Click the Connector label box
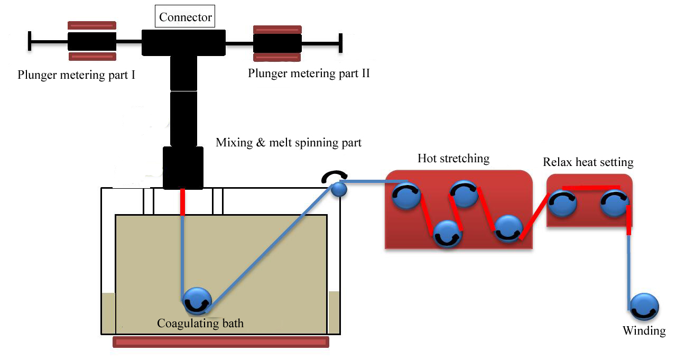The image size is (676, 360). [x=186, y=17]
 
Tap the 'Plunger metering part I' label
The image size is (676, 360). [x=76, y=75]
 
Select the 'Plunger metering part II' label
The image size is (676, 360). [x=309, y=73]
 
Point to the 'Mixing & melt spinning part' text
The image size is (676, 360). [x=289, y=142]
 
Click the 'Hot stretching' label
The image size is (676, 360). [x=453, y=158]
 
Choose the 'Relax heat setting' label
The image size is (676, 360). [x=588, y=162]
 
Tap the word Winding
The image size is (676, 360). [x=644, y=331]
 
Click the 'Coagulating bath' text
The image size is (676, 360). [x=200, y=322]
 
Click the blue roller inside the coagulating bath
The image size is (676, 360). [x=197, y=301]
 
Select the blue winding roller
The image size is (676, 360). [x=644, y=307]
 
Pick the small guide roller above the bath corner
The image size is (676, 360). [x=339, y=189]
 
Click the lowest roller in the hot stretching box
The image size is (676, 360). [x=448, y=234]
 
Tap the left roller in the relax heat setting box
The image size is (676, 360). [x=562, y=203]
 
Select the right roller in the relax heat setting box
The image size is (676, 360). [x=615, y=203]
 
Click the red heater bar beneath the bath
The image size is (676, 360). [x=221, y=342]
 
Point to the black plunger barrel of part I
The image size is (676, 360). [x=92, y=41]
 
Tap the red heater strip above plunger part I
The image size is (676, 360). [x=92, y=25]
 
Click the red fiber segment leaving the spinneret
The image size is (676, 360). [x=183, y=202]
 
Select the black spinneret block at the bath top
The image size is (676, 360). [x=183, y=168]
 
